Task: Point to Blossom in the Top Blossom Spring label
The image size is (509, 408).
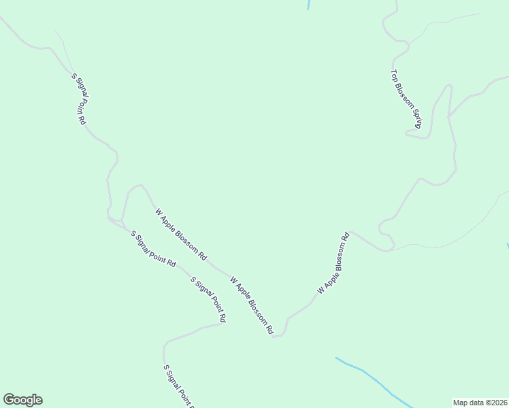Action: tap(404, 94)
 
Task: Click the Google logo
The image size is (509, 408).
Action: tap(22, 400)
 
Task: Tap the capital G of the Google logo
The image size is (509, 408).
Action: tap(9, 400)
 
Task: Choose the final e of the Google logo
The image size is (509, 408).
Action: tap(39, 400)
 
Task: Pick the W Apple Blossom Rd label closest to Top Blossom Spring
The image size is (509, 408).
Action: tap(333, 263)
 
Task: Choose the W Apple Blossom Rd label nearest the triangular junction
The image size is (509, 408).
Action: tap(181, 235)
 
